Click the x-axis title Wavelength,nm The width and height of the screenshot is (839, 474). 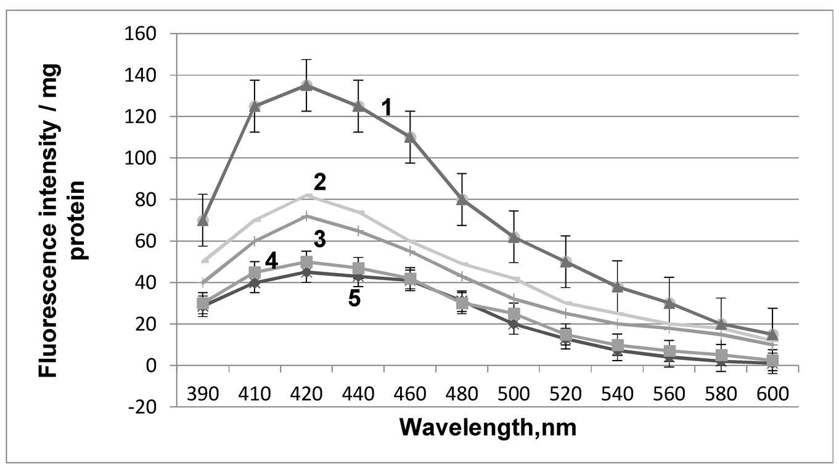[x=488, y=427]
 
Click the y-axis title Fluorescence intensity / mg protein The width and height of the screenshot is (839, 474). [x=63, y=220]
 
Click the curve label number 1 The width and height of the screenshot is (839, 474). [x=387, y=108]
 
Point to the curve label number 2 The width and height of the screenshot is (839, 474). [x=319, y=182]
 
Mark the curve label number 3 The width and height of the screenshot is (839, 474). [x=319, y=239]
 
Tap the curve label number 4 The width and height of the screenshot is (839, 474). [x=271, y=261]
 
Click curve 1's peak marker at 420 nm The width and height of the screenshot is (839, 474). [x=306, y=85]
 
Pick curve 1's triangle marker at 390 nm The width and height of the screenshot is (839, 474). [x=203, y=220]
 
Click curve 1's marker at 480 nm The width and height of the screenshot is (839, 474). [x=462, y=199]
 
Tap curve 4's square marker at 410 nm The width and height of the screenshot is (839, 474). [x=255, y=272]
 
